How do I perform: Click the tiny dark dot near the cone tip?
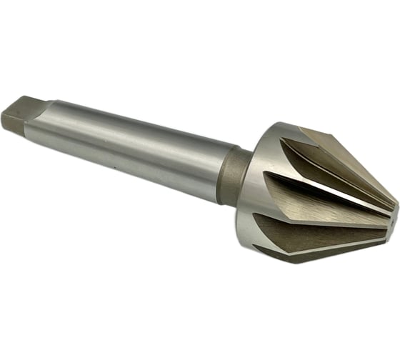(x=386, y=215)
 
